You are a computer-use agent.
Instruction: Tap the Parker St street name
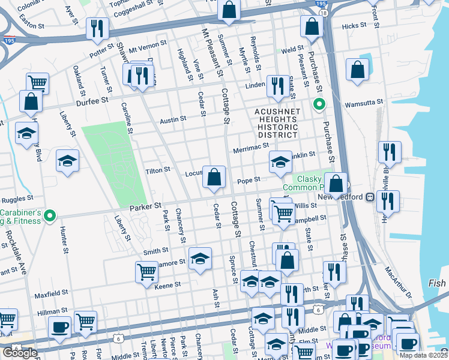click(x=145, y=206)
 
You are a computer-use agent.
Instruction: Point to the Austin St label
click(x=173, y=120)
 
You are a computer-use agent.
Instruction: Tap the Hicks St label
click(x=354, y=26)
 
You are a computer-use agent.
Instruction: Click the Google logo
click(x=20, y=353)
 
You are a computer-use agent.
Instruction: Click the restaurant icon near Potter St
click(x=96, y=28)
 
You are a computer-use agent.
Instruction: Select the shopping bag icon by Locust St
click(x=214, y=177)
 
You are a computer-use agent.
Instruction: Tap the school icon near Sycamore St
click(x=200, y=259)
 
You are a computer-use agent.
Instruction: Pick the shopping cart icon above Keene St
click(x=146, y=272)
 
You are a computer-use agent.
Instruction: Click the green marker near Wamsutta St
click(x=319, y=105)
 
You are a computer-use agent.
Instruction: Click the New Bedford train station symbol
click(x=370, y=197)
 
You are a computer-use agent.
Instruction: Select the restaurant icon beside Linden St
click(x=277, y=86)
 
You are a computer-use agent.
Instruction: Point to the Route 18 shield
click(x=324, y=13)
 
